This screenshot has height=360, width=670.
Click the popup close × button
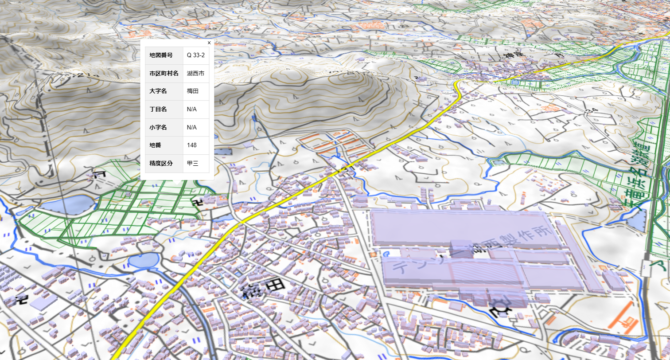pos(209,43)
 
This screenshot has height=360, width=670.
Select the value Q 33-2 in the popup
pos(195,55)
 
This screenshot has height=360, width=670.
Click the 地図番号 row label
pos(160,55)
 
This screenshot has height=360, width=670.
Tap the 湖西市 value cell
pos(195,74)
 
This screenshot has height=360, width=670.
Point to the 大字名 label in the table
pos(158,91)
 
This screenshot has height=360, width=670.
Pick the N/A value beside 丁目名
pos(191,110)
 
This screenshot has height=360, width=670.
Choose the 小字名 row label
pos(158,127)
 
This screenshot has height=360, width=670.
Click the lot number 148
pos(191,145)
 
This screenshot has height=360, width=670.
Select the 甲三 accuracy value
pos(192,163)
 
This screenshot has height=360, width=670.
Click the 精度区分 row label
pos(160,163)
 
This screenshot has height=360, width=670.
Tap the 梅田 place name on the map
pos(262,289)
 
